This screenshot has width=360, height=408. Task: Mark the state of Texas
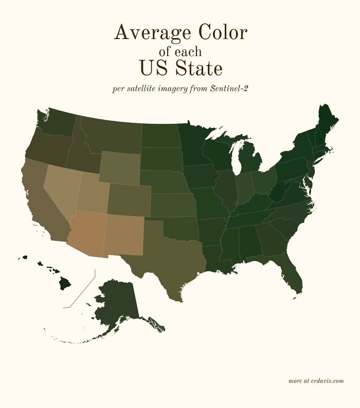click(170, 252)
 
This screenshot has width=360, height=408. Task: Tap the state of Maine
click(326, 123)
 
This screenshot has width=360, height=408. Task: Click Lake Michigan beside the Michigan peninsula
click(236, 159)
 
